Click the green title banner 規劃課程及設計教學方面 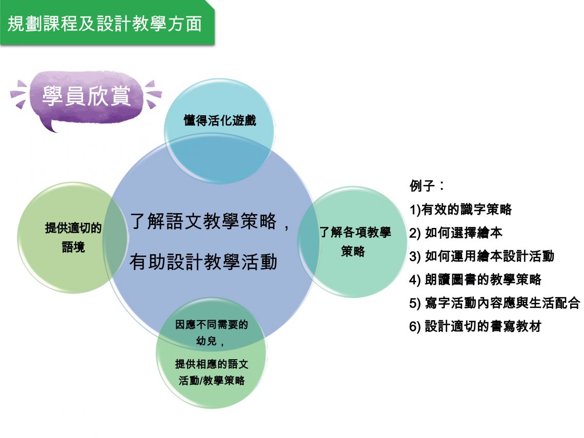(x=107, y=23)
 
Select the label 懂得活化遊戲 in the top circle (x=220, y=120)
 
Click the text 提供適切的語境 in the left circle (x=73, y=237)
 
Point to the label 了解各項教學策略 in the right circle (x=355, y=241)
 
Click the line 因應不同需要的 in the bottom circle (x=212, y=324)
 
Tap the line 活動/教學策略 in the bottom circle (x=212, y=380)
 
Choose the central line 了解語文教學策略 (x=203, y=221)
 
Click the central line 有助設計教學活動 (x=203, y=261)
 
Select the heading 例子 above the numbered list (x=426, y=185)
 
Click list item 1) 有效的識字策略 (x=461, y=210)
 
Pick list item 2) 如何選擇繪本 (x=455, y=233)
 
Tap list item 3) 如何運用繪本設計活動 (x=482, y=256)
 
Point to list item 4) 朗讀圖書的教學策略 (x=475, y=279)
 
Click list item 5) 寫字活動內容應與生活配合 (x=495, y=303)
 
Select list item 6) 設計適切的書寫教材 (x=475, y=326)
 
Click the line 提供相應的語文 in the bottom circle (x=212, y=364)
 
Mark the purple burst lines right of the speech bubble (x=154, y=93)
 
